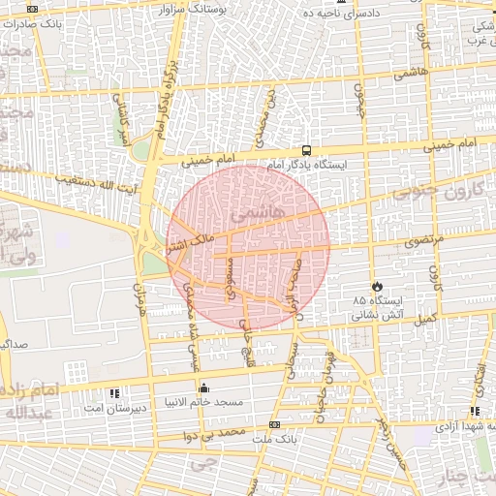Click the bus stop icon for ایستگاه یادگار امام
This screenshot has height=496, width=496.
coord(307,150)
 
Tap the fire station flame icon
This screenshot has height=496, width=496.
coord(377,287)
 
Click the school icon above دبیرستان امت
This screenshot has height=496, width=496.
coord(117,393)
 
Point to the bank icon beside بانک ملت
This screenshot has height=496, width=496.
coord(274,424)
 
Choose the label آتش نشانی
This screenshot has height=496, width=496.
coord(377,315)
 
